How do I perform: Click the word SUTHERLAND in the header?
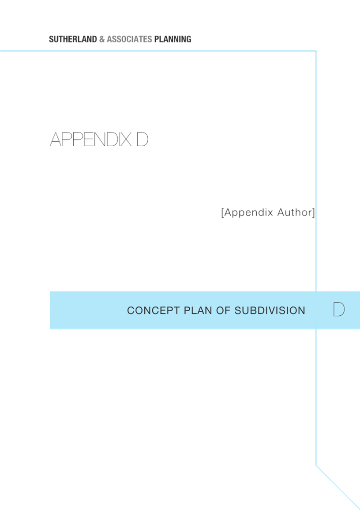pyautogui.click(x=73, y=39)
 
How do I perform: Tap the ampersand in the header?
pyautogui.click(x=102, y=39)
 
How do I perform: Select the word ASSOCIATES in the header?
pyautogui.click(x=129, y=39)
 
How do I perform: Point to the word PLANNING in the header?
pyautogui.click(x=172, y=39)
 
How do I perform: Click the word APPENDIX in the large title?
pyautogui.click(x=90, y=140)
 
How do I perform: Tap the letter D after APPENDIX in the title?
pyautogui.click(x=142, y=140)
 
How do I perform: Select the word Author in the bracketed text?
pyautogui.click(x=295, y=212)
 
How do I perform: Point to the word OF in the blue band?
pyautogui.click(x=223, y=310)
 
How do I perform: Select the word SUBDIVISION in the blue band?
pyautogui.click(x=270, y=310)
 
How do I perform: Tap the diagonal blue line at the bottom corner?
pyautogui.click(x=338, y=487)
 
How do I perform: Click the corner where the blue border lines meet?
pyautogui.click(x=316, y=51)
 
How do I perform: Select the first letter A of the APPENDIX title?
pyautogui.click(x=56, y=140)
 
